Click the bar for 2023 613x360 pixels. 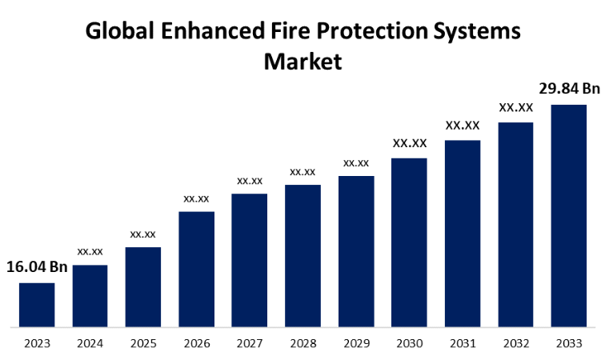(x=37, y=305)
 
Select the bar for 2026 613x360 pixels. (x=196, y=269)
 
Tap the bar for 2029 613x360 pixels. (x=356, y=251)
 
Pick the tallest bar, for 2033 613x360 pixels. (x=568, y=216)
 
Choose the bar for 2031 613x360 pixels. (x=463, y=234)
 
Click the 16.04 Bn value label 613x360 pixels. (x=37, y=266)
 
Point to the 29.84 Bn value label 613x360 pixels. (x=569, y=88)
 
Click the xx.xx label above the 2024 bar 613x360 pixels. (x=90, y=251)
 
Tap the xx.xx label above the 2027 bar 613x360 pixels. (x=250, y=181)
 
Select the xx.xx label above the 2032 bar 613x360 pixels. (x=516, y=107)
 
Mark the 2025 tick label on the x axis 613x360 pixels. (x=143, y=344)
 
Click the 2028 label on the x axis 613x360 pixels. (x=302, y=344)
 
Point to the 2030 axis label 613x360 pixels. (x=409, y=344)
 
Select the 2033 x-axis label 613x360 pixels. (x=568, y=344)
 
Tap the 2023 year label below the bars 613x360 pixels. (x=37, y=344)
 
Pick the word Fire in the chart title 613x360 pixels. (x=294, y=32)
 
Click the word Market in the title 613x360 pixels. (x=303, y=61)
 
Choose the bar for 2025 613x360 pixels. (x=143, y=287)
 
